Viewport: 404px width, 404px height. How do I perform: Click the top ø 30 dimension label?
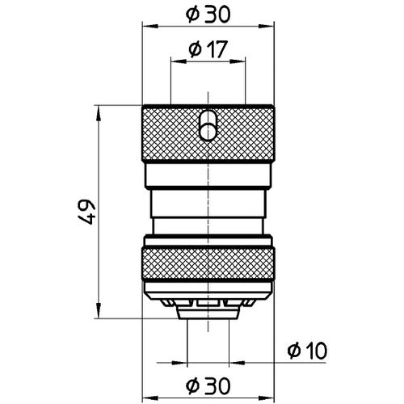pyautogui.click(x=208, y=14)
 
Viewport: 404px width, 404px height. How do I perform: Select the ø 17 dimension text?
pyautogui.click(x=208, y=50)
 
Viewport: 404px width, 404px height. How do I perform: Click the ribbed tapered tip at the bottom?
pyautogui.click(x=208, y=306)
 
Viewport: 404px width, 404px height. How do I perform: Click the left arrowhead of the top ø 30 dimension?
pyautogui.click(x=146, y=26)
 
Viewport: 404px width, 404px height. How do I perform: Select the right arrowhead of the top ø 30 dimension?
pyautogui.click(x=271, y=26)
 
